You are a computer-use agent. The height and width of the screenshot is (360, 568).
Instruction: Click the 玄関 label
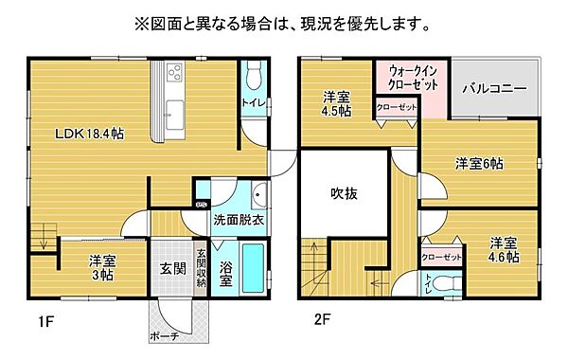171,267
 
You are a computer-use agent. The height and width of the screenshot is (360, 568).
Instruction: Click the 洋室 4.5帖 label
336,102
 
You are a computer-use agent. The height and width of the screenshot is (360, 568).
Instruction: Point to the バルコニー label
494,90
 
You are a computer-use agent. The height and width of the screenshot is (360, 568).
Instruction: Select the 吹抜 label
344,193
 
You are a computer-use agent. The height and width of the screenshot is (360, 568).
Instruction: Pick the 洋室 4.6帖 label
504,249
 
